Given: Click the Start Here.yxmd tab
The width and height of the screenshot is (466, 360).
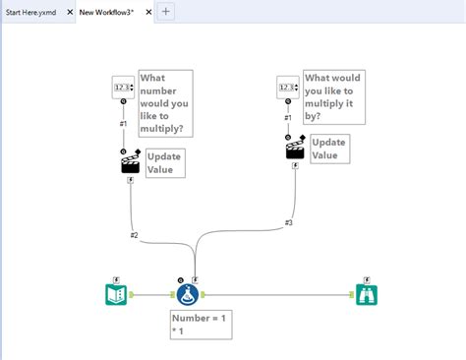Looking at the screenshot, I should pyautogui.click(x=31, y=11).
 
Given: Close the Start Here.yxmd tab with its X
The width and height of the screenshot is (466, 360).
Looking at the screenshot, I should pyautogui.click(x=70, y=11).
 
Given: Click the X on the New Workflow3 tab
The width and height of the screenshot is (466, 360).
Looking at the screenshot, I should pyautogui.click(x=148, y=11).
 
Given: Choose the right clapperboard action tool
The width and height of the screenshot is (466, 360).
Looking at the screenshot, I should pyautogui.click(x=294, y=150).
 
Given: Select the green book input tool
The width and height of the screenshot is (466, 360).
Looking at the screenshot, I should pyautogui.click(x=117, y=294).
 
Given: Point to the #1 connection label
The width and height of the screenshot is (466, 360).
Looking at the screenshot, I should pyautogui.click(x=123, y=124).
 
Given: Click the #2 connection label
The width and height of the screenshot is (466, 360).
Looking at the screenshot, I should pyautogui.click(x=134, y=235).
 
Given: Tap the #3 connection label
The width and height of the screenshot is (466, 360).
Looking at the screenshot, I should pyautogui.click(x=289, y=222).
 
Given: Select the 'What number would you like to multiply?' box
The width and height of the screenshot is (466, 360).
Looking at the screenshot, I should pyautogui.click(x=166, y=102).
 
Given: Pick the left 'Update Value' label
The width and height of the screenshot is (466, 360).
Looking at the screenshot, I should pyautogui.click(x=163, y=162).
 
